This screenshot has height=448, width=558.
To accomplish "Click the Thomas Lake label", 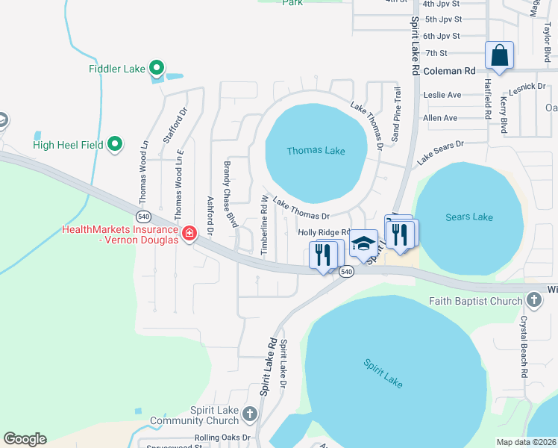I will pyautogui.click(x=316, y=151).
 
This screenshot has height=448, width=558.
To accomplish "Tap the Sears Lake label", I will pyautogui.click(x=468, y=217).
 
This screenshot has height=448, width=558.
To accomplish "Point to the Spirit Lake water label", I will pyautogui.click(x=383, y=373).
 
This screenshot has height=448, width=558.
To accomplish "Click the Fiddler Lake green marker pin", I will pyautogui.click(x=156, y=69).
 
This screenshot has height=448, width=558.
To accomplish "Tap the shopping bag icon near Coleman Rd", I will pyautogui.click(x=499, y=56).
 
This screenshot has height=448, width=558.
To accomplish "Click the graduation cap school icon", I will pyautogui.click(x=363, y=243).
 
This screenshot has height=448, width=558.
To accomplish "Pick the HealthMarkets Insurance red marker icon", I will pyautogui.click(x=189, y=234).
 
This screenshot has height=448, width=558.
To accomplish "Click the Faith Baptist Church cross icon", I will pyautogui.click(x=533, y=300).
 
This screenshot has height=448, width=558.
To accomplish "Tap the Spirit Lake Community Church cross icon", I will pyautogui.click(x=249, y=413).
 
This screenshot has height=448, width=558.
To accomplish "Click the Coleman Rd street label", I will pyautogui.click(x=449, y=72).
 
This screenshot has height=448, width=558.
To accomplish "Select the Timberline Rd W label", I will pyautogui.click(x=264, y=225).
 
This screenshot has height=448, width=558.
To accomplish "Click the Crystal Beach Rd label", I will pyautogui.click(x=524, y=346).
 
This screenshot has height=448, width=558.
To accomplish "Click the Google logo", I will pyautogui.click(x=25, y=439).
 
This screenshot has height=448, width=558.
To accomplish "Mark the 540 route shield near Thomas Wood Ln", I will pyautogui.click(x=144, y=216).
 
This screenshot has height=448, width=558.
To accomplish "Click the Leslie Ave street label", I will pyautogui.click(x=442, y=95).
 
